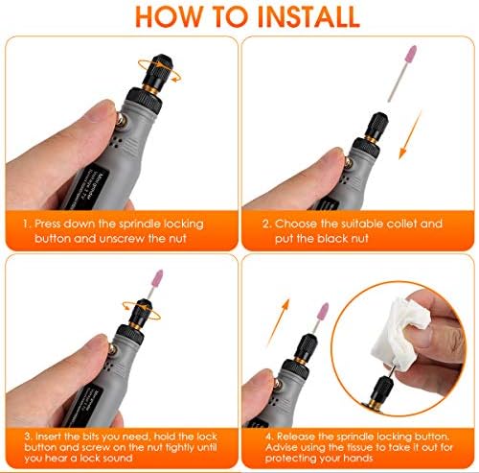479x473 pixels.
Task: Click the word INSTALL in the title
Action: [308, 16]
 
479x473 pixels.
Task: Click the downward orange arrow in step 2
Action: [410, 134]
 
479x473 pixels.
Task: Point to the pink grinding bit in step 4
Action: [322, 311]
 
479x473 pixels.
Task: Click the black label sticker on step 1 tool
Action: [89, 189]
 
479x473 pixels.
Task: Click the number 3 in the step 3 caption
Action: [29, 437]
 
